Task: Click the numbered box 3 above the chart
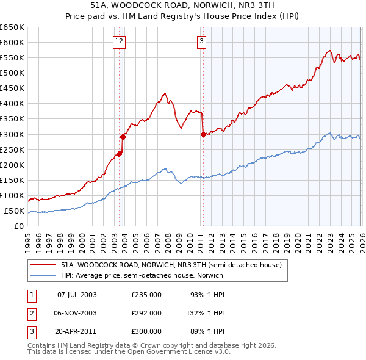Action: tap(201, 41)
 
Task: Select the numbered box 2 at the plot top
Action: tap(121, 41)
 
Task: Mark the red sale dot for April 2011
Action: tap(203, 134)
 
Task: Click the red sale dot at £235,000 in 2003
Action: tap(120, 154)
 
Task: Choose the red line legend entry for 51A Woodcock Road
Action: tap(171, 265)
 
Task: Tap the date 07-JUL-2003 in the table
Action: tap(77, 295)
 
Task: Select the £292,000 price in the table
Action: tap(146, 313)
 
